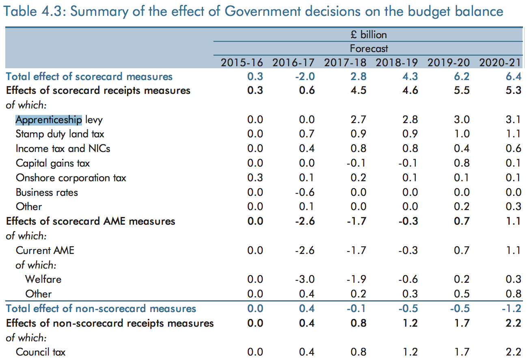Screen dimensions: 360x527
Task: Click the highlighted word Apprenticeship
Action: pos(49,120)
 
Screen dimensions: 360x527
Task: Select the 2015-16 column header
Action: pos(242,63)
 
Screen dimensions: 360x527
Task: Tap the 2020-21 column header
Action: pos(500,63)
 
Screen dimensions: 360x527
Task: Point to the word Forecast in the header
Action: pos(369,49)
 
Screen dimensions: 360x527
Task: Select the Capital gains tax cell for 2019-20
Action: pos(462,163)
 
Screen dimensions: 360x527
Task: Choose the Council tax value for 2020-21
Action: pos(514,352)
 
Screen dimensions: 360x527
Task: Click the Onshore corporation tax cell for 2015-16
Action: pos(255,178)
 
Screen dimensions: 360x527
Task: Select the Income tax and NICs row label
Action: pos(63,149)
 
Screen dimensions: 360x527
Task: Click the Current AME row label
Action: pos(45,250)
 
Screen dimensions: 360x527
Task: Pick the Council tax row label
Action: pos(41,352)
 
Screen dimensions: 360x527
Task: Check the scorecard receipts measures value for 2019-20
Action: pos(462,90)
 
